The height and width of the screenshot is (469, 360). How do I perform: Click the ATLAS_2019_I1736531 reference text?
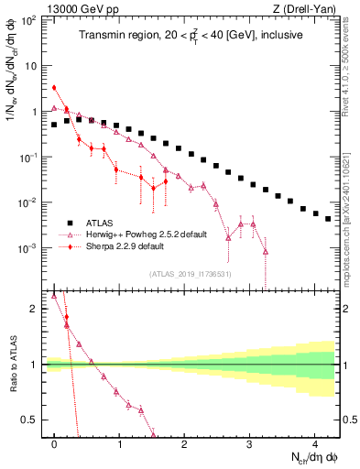pos(191,274)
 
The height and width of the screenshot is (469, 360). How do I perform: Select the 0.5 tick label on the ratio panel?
pos(31,420)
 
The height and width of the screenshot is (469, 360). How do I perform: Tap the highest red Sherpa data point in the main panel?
pos(54,88)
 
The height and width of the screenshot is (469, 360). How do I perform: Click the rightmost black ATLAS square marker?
pos(328,219)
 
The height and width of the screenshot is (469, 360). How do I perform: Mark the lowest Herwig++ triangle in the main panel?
pos(265,251)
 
